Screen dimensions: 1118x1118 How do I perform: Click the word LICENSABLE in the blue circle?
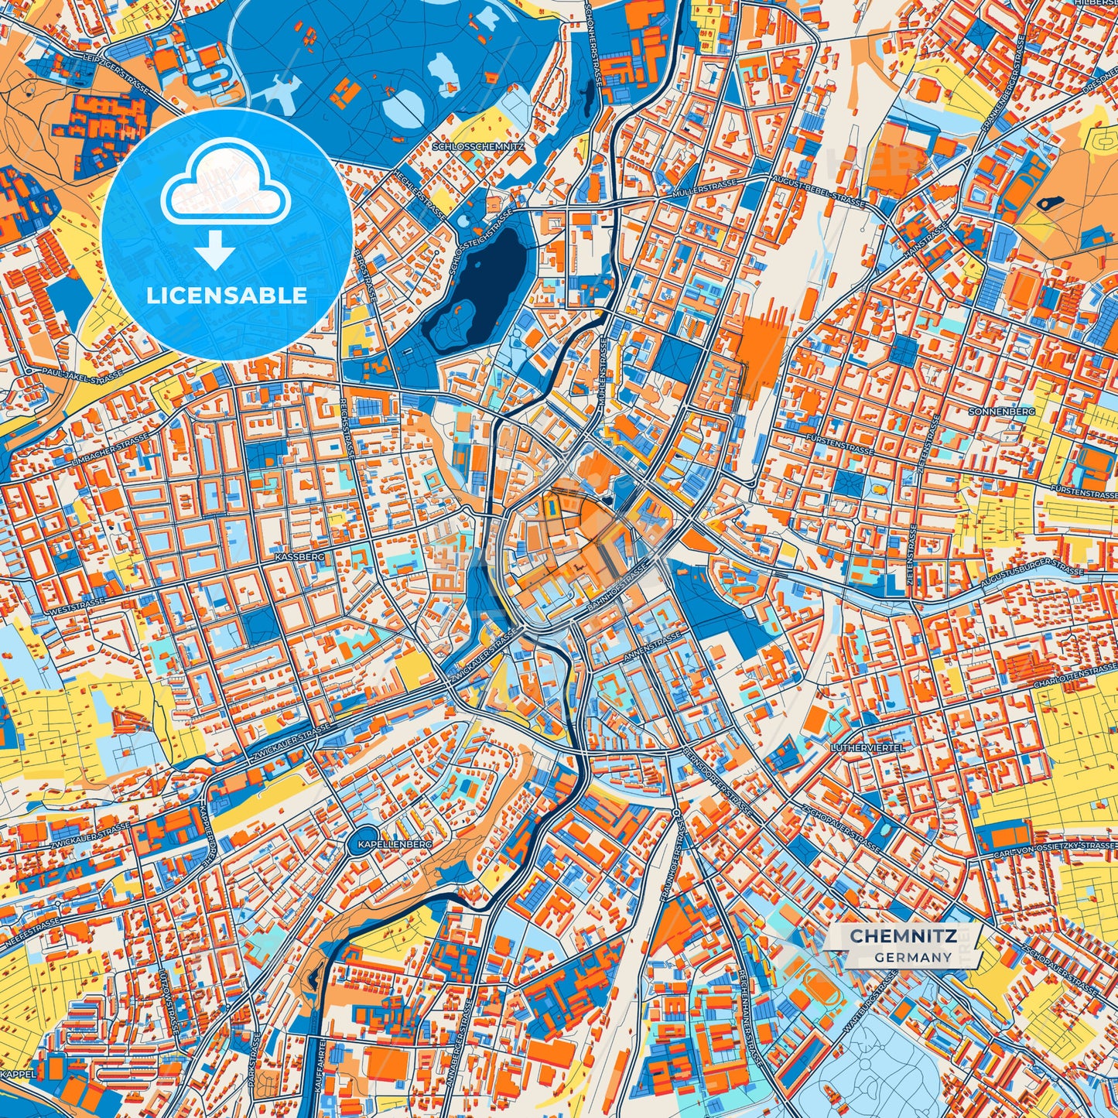227,295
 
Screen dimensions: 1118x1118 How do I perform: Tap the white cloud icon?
225,186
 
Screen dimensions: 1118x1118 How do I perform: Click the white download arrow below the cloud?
216,250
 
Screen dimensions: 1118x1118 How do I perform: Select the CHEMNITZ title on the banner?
903,936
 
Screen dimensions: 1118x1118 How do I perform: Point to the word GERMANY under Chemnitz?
913,957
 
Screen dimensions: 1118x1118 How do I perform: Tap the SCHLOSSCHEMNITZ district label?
480,145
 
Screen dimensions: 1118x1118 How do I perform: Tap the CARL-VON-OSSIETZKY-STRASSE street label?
1056,849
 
